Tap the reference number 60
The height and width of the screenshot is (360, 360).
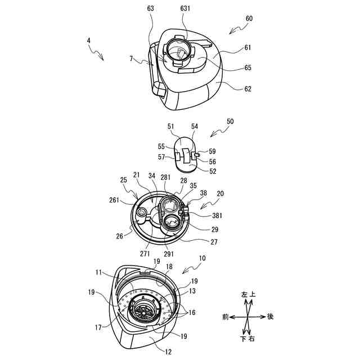249,18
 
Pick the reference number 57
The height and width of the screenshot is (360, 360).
161,157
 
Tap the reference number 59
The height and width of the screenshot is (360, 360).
212,151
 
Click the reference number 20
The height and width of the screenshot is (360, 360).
220,192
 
